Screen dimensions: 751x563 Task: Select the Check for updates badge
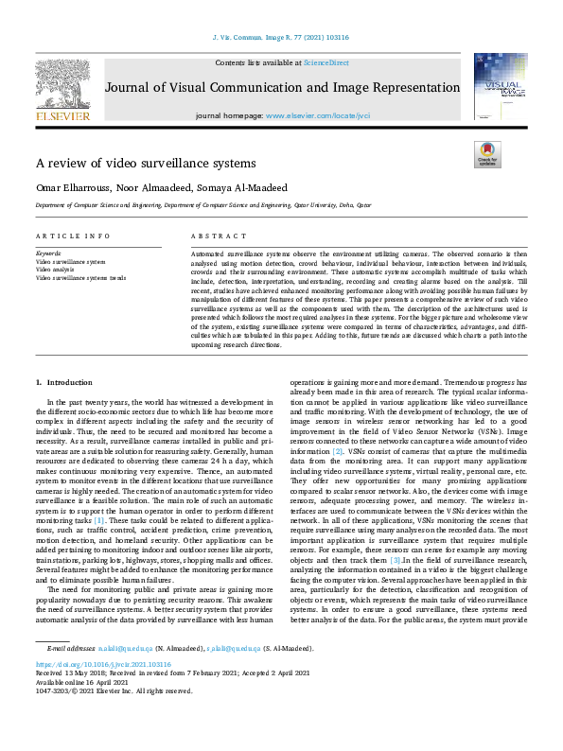click(486, 155)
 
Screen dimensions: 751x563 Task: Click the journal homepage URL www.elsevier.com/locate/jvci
click(310, 115)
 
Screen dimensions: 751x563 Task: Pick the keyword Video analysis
click(56, 270)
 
